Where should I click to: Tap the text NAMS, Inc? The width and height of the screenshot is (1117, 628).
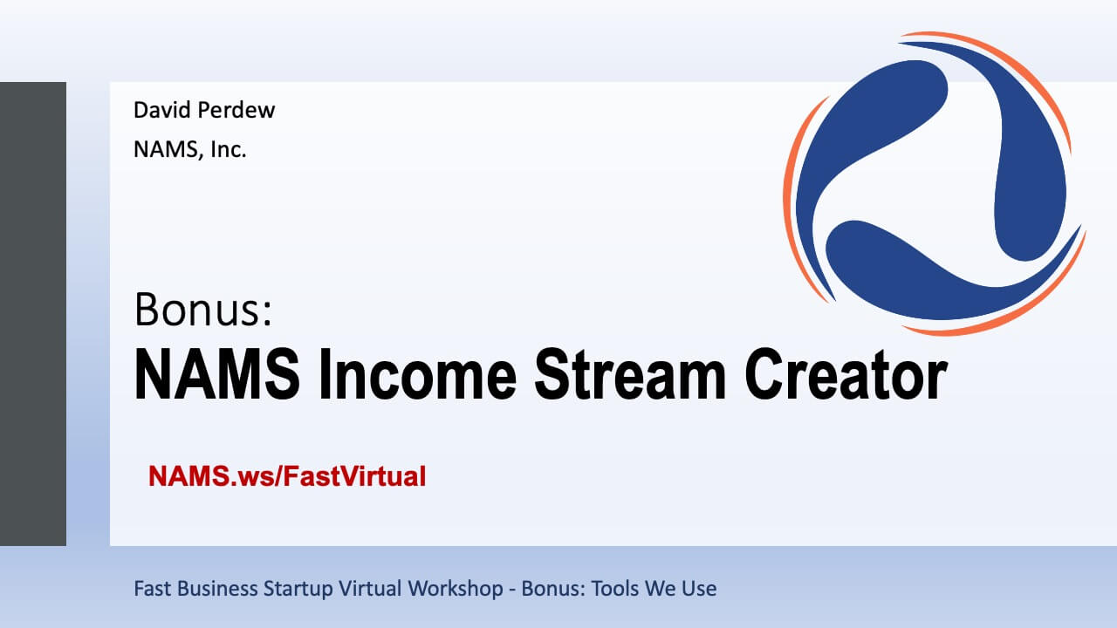(190, 149)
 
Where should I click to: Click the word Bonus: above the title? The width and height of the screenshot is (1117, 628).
(203, 310)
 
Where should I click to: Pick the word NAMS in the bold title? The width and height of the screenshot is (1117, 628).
(217, 375)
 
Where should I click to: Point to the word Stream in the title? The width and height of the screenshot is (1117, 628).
(630, 375)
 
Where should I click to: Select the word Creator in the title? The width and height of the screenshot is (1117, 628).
(846, 375)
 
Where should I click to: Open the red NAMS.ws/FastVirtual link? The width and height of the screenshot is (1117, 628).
(287, 476)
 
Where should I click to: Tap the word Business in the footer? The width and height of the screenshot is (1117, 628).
(217, 589)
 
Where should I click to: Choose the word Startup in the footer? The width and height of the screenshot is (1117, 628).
(298, 590)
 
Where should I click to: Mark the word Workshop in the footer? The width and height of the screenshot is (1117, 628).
(456, 590)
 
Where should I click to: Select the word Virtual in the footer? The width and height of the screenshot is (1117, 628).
(370, 589)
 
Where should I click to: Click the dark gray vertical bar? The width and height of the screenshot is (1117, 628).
(33, 314)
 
